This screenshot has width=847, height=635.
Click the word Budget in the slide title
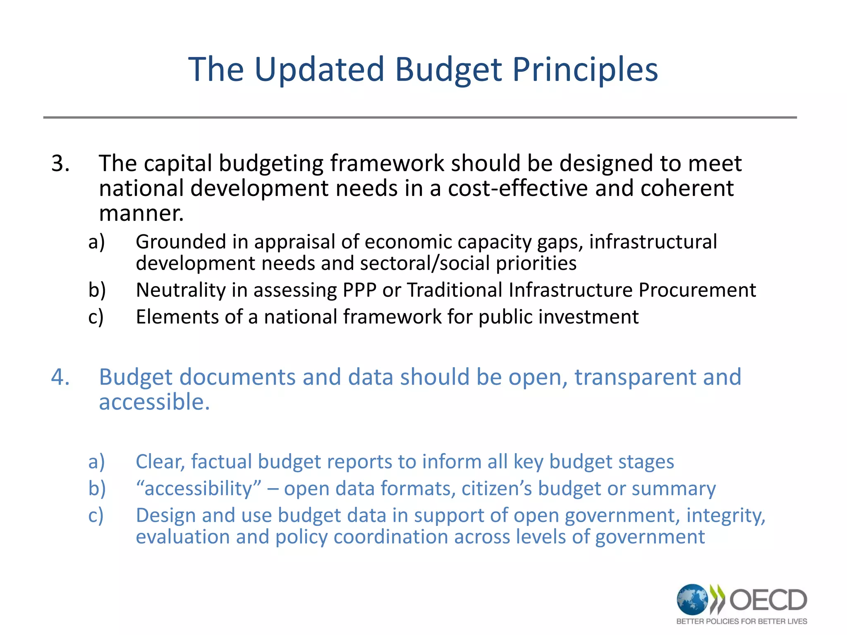coord(448,69)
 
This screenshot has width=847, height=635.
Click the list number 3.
coord(60,163)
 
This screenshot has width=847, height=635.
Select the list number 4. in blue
coord(60,377)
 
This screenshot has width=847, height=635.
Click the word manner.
coord(141,214)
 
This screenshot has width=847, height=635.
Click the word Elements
coord(177,317)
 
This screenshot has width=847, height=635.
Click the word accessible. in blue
coord(154,402)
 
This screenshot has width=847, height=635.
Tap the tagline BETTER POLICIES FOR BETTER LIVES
coord(742,621)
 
